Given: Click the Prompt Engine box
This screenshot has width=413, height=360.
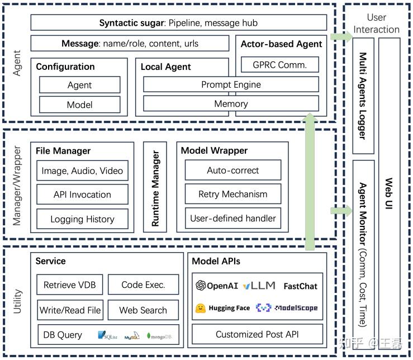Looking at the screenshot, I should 231,84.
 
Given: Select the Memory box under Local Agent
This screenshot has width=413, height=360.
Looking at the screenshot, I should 231,103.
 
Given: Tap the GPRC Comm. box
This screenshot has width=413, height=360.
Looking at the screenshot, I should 280,64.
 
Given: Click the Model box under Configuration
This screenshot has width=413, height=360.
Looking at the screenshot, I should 79,105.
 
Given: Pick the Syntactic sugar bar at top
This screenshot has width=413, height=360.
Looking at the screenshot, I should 178,23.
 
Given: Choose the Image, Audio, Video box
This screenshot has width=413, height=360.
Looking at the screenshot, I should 82,170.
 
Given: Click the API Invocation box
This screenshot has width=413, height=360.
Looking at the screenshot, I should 82,195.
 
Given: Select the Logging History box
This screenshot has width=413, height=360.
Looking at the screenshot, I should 82,219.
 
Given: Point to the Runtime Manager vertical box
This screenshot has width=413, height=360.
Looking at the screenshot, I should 155,187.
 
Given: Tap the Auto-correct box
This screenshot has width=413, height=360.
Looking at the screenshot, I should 232,170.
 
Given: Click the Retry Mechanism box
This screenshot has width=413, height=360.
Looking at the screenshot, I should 232,195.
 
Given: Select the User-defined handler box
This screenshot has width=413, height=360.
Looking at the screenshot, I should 232,219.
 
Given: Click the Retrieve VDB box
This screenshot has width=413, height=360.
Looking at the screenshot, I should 69,285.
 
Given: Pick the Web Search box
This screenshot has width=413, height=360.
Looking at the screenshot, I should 143,310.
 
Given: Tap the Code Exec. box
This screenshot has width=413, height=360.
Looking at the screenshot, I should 143,285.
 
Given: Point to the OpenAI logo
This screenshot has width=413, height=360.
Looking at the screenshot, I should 201,286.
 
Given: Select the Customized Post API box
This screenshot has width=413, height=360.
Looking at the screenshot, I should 258,334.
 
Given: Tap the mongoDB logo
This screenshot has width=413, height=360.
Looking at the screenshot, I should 162,336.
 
